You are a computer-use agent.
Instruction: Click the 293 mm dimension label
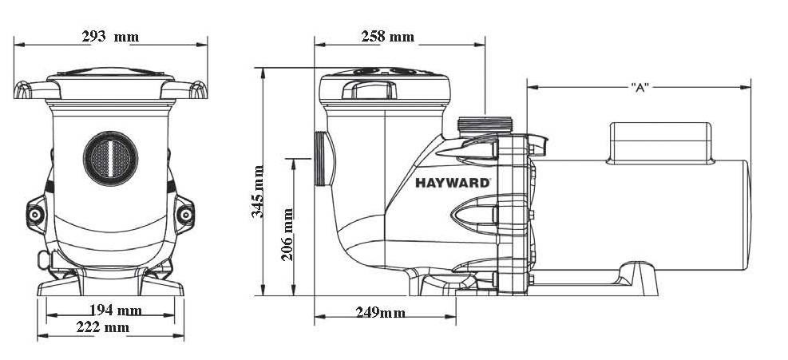(x=109, y=36)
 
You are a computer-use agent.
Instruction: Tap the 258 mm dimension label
(x=387, y=36)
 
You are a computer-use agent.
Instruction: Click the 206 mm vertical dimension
(x=288, y=234)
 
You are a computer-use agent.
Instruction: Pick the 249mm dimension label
(x=380, y=312)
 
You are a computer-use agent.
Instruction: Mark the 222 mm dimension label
(x=105, y=326)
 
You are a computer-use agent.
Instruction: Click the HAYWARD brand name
(x=452, y=181)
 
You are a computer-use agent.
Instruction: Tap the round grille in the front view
(x=111, y=155)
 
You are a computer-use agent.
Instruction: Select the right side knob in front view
(x=185, y=214)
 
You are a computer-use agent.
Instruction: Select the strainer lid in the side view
(x=382, y=85)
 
